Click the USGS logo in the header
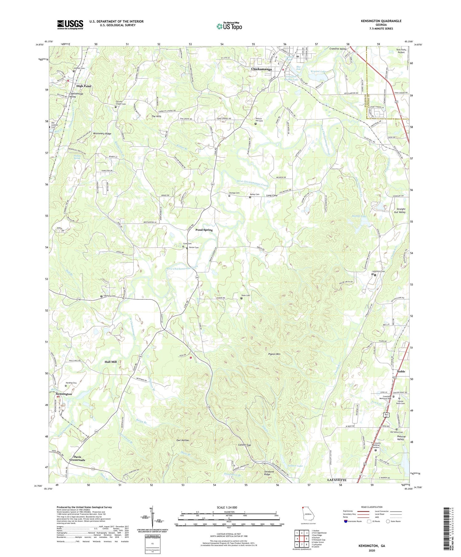click(70, 25)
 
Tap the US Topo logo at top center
click(229, 26)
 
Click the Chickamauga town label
click(262, 69)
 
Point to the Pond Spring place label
click(204, 230)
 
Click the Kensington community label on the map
click(64, 394)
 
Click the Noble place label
click(401, 371)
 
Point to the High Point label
click(84, 86)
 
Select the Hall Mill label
click(110, 362)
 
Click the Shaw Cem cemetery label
click(246, 296)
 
